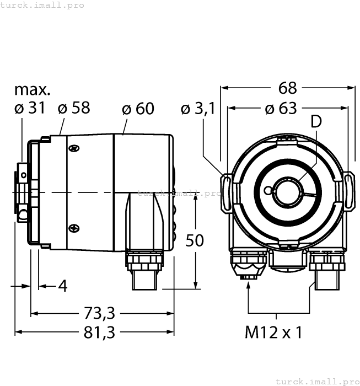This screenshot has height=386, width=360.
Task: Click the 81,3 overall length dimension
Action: pyautogui.click(x=100, y=333)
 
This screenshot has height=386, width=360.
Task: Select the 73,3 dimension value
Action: pyautogui.click(x=100, y=313)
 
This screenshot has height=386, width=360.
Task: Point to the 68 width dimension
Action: pyautogui.click(x=288, y=88)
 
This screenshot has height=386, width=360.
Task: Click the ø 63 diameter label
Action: pyautogui.click(x=281, y=108)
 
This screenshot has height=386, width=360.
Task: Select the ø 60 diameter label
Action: pyautogui.click(x=138, y=109)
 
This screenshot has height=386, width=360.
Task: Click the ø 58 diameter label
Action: pyautogui.click(x=74, y=108)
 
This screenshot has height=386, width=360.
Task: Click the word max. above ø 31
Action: pyautogui.click(x=32, y=89)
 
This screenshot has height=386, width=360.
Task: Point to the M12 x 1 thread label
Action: pyautogui.click(x=273, y=333)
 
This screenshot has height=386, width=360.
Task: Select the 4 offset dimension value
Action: pyautogui.click(x=62, y=286)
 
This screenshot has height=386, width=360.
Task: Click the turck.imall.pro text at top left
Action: pyautogui.click(x=43, y=5)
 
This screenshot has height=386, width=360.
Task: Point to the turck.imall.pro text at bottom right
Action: pyautogui.click(x=316, y=381)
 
